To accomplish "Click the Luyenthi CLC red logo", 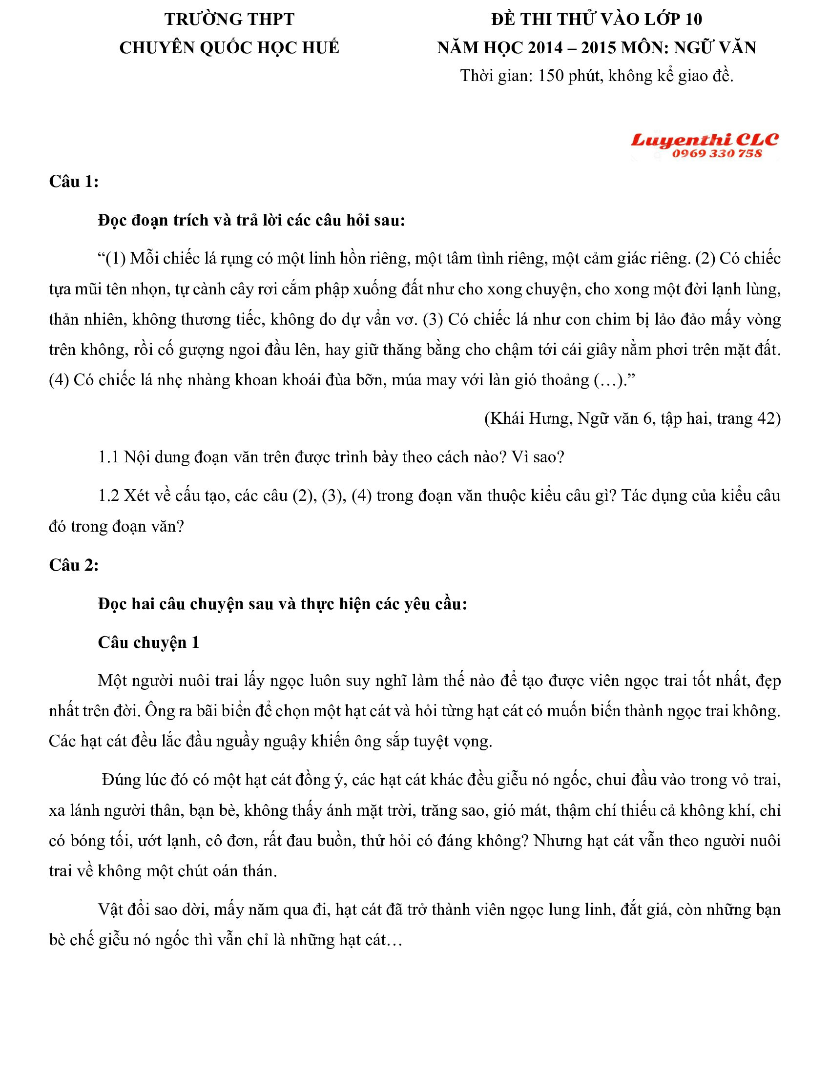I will (x=704, y=140).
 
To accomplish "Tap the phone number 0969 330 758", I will (x=717, y=154).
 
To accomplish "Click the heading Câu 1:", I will (x=74, y=182).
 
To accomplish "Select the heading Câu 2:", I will (x=74, y=565).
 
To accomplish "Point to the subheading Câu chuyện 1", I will (x=148, y=642).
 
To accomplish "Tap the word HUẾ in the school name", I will (x=320, y=48).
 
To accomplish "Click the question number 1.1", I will (x=109, y=457).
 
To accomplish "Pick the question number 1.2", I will (x=109, y=495).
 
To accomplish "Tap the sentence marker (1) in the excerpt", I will (x=116, y=259).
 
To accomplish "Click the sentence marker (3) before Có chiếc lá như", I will (x=433, y=320).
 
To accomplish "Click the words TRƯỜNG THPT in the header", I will (x=229, y=19).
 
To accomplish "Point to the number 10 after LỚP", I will (x=693, y=19).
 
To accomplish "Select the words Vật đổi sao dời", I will (x=153, y=910).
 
